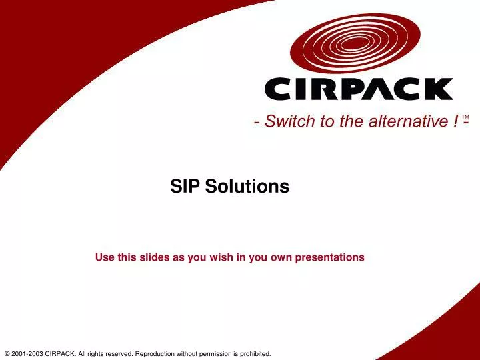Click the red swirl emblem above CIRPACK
tap(357, 43)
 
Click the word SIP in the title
tap(185, 187)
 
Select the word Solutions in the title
tap(247, 187)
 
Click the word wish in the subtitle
tap(219, 257)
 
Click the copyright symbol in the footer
tap(7, 353)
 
